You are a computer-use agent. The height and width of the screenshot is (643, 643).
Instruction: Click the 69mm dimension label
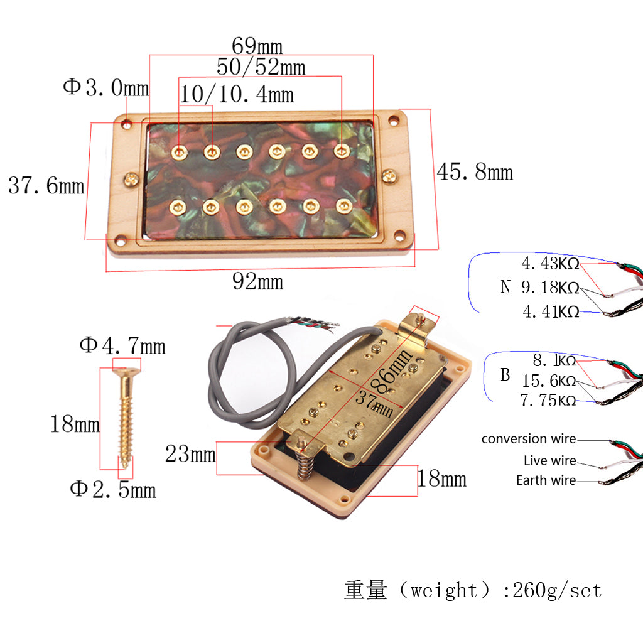(x=257, y=46)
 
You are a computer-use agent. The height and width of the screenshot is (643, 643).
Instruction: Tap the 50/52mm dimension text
(x=261, y=67)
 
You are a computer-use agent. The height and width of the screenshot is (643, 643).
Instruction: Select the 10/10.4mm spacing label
(x=237, y=94)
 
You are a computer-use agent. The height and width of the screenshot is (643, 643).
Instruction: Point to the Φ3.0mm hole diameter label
(x=105, y=87)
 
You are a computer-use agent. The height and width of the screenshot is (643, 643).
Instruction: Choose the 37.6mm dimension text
(x=46, y=185)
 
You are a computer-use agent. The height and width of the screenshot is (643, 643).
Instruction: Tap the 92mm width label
(x=257, y=281)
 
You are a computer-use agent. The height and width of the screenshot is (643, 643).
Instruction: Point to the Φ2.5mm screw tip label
(x=112, y=489)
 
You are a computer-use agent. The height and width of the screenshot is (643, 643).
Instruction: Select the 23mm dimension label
(x=190, y=453)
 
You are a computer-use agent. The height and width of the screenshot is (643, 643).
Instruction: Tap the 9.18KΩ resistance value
(x=550, y=288)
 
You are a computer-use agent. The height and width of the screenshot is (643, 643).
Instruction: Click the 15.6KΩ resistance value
(x=549, y=381)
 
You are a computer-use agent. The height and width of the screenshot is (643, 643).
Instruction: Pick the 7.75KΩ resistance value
(x=548, y=400)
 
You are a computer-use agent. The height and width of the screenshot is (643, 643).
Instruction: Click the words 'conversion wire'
(x=528, y=439)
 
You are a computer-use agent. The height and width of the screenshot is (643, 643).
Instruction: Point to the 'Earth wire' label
(x=546, y=480)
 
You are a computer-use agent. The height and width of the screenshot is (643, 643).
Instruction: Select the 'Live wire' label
(x=549, y=460)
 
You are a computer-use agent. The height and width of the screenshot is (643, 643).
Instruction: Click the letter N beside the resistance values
(x=505, y=288)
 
